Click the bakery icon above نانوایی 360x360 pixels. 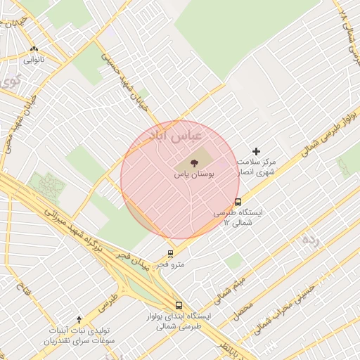(34, 49)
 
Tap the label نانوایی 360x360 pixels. (34, 60)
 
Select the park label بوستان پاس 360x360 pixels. (194, 172)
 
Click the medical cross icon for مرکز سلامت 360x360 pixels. (256, 151)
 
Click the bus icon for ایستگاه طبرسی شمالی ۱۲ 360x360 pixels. (238, 202)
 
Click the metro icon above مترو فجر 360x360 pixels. (170, 255)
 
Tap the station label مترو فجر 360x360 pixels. (170, 264)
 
